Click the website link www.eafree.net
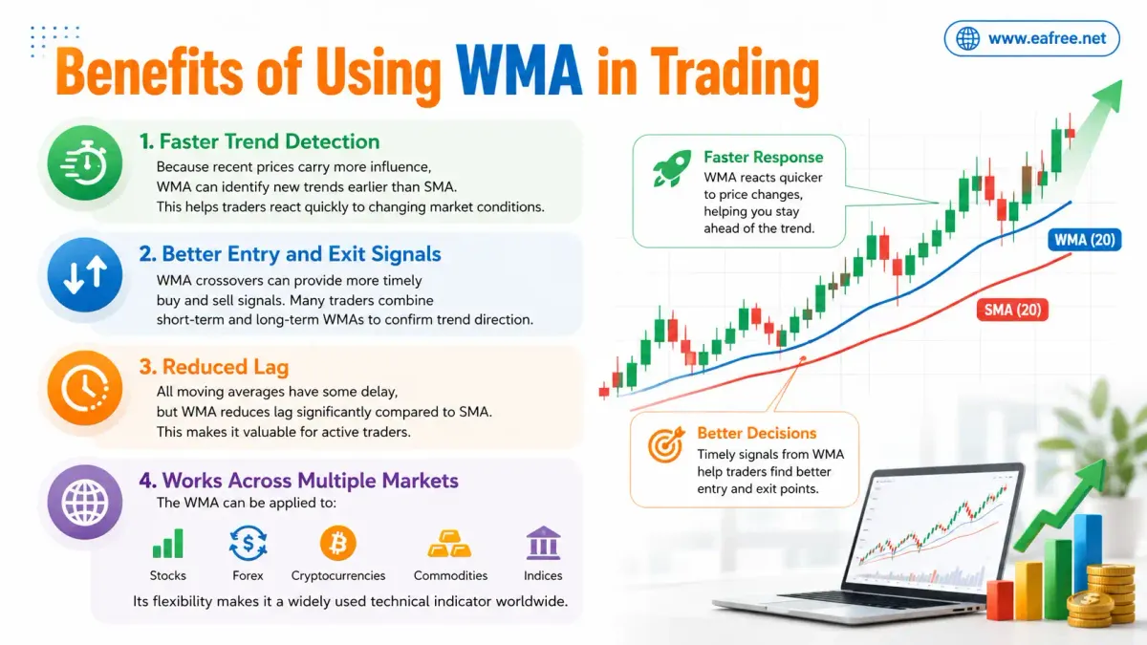(1048, 38)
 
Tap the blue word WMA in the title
(519, 71)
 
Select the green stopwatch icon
(85, 162)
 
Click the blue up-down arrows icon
(85, 275)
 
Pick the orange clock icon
(85, 388)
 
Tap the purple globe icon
(85, 502)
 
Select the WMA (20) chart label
(1085, 240)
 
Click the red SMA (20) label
(1012, 310)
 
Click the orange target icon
(665, 443)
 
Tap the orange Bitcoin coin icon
(338, 543)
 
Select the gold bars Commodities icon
(449, 544)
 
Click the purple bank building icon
(543, 543)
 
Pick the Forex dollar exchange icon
(248, 543)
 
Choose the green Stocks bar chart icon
(168, 543)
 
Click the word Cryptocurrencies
(338, 576)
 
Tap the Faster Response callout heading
(764, 157)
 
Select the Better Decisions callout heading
(757, 433)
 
